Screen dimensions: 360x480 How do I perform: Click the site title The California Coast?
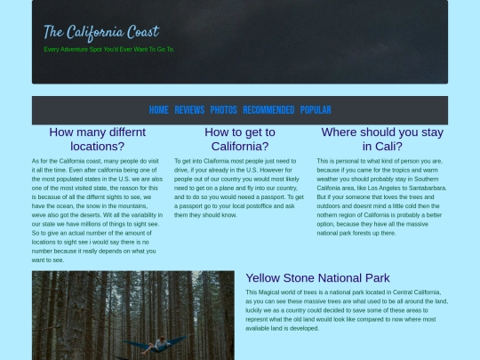101,33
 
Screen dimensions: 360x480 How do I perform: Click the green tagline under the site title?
109,49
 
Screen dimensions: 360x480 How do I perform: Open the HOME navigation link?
158,110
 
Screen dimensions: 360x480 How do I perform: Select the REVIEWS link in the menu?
189,110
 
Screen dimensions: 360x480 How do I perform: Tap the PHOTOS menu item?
223,110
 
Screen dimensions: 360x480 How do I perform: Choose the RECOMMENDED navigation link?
268,110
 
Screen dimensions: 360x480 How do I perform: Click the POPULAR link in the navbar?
316,110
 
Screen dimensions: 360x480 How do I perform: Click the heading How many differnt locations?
98,139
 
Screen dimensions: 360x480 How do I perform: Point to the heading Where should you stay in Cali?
382,139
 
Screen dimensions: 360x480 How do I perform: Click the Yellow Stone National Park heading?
317,277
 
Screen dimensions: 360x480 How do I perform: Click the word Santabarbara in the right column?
424,188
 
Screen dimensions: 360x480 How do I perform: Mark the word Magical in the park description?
271,292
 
